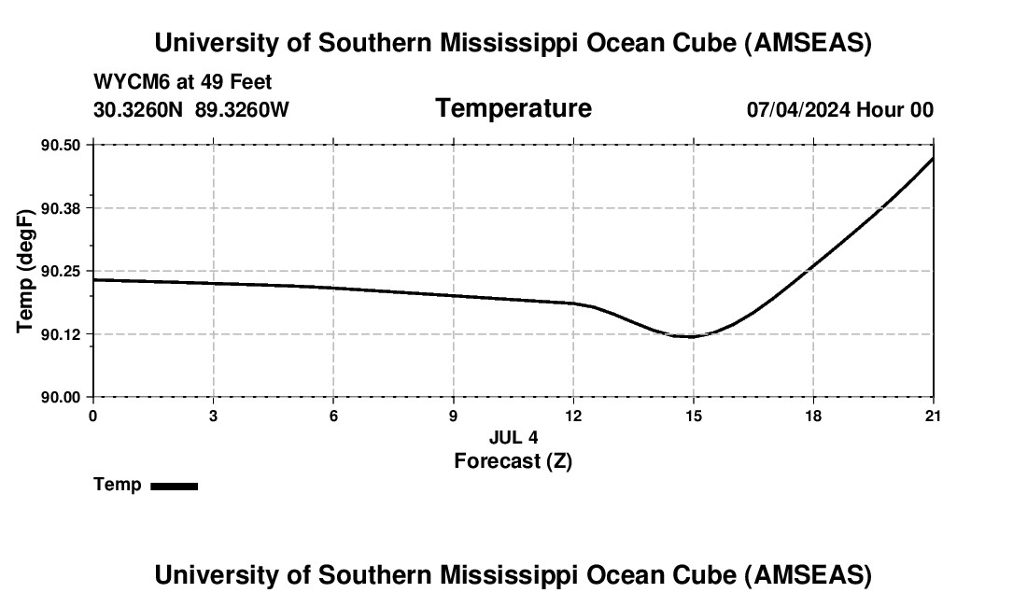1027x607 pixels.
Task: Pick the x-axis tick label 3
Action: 213,416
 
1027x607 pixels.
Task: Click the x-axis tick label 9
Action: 454,416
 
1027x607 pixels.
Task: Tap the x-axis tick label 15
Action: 693,416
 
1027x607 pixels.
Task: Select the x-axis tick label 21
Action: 933,416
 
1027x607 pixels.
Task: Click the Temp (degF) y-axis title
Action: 26,271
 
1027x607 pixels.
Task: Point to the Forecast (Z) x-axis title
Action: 513,460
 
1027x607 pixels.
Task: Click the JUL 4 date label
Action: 513,437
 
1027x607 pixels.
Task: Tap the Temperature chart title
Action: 513,108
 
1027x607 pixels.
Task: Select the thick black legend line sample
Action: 174,486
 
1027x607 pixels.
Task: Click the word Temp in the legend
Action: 118,485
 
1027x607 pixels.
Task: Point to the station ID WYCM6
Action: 127,83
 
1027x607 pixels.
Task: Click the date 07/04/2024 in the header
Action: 798,109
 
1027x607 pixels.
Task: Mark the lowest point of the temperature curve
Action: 691,336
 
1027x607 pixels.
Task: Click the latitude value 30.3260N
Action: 139,109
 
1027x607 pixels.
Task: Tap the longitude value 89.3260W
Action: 242,109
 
